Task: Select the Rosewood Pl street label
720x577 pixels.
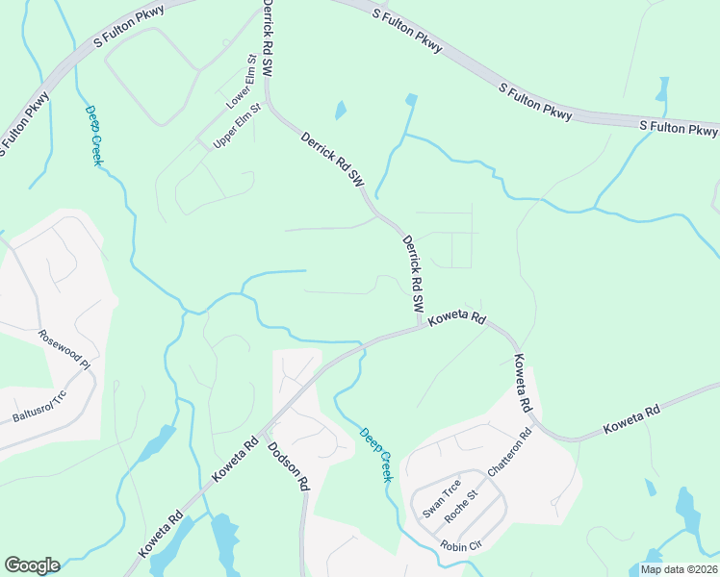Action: coord(64,351)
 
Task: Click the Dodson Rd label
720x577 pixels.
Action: coord(288,466)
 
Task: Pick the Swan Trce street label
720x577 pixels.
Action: coord(442,499)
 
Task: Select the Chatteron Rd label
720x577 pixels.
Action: coord(510,453)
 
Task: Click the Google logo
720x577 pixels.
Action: coord(32,565)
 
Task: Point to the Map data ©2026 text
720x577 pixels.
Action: coord(679,569)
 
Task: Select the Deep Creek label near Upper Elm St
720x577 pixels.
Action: coord(93,136)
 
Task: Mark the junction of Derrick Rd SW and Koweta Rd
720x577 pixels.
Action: coord(422,326)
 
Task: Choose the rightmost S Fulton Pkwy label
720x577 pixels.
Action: coord(679,128)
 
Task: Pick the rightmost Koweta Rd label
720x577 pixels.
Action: coord(631,419)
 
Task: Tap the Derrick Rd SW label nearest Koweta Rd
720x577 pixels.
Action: coord(413,274)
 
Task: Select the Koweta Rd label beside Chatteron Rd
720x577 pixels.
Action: coord(523,384)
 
